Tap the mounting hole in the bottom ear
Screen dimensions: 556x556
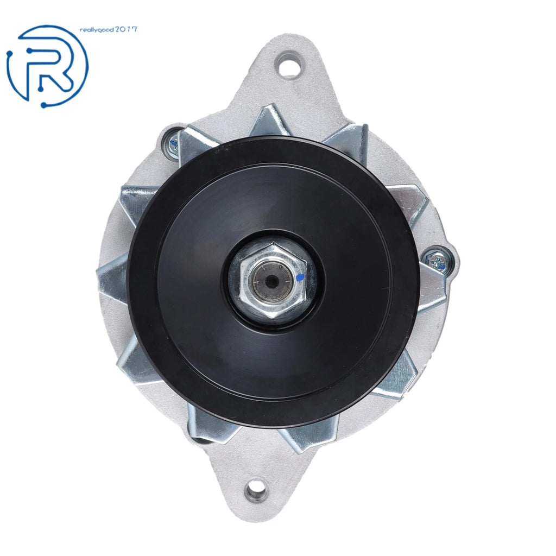[256, 491]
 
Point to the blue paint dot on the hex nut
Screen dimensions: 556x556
[300, 277]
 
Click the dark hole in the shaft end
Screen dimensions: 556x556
[271, 281]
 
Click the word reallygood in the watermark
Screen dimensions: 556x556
[97, 30]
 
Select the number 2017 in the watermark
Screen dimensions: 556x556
[125, 30]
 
